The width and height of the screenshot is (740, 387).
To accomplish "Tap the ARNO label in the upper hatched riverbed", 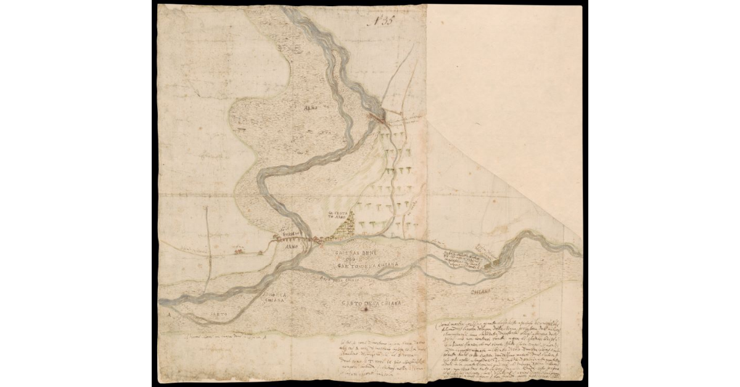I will (310, 108).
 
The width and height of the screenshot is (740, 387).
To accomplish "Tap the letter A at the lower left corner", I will (168, 313).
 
